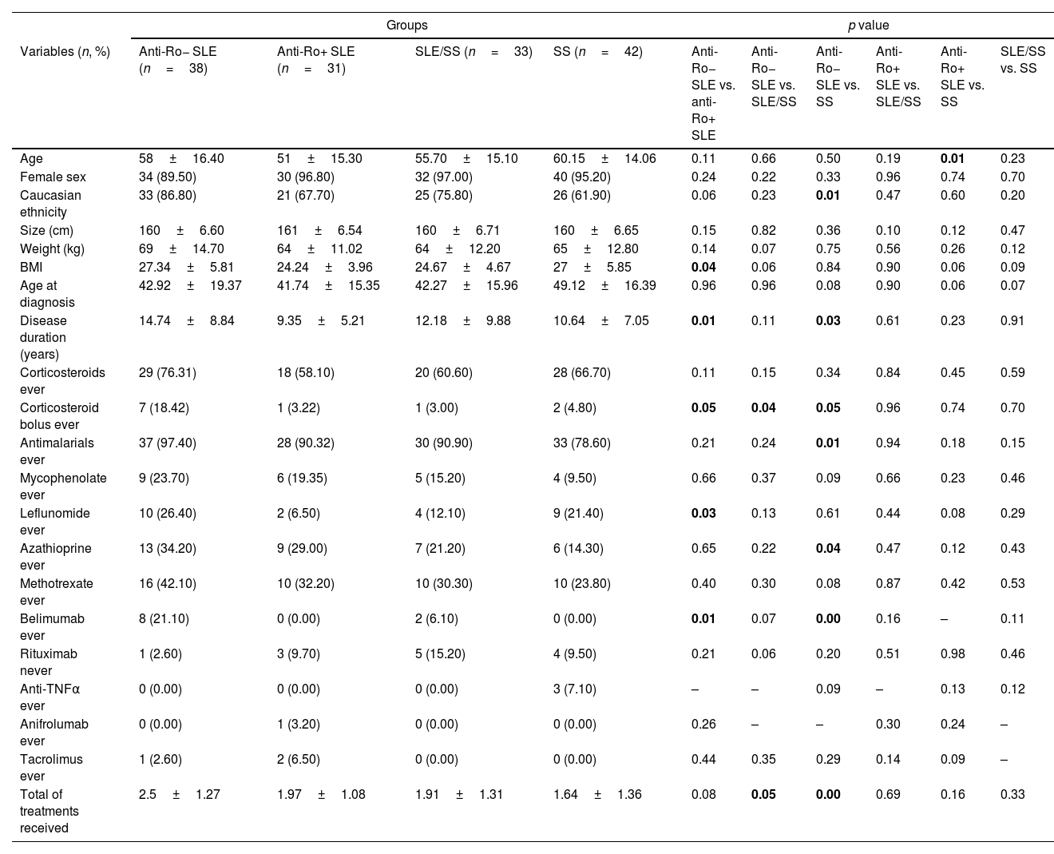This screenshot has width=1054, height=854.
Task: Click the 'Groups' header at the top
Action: (406, 26)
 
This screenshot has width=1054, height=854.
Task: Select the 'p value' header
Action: (868, 26)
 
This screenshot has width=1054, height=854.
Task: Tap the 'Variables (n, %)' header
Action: (65, 52)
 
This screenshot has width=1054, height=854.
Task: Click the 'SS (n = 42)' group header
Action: (597, 52)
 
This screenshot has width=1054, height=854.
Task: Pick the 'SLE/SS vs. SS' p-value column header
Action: (1022, 60)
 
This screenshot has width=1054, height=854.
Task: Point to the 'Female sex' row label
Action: (53, 177)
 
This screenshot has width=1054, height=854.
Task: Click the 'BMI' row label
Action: (31, 267)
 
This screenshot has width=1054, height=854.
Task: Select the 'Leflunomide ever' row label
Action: (54, 521)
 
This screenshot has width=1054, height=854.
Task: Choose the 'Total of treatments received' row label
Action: (50, 811)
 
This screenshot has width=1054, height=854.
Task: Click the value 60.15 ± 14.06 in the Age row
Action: (604, 158)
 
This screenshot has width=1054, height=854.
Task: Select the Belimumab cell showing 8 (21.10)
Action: (164, 618)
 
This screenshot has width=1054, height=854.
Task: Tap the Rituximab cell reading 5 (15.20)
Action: (440, 653)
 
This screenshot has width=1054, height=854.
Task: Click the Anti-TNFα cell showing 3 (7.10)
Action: (575, 689)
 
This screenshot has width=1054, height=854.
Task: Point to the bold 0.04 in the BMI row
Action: (703, 267)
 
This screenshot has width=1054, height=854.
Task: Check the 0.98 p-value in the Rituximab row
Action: (953, 653)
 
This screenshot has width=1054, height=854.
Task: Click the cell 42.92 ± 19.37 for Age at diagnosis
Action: (190, 285)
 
